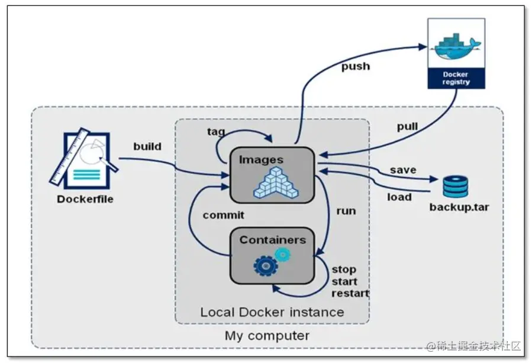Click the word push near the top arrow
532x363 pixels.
click(x=355, y=66)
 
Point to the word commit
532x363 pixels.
click(x=223, y=215)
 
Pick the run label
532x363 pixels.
click(x=346, y=210)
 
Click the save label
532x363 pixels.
click(x=402, y=170)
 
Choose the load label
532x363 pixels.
click(x=399, y=197)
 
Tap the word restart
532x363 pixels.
click(x=350, y=293)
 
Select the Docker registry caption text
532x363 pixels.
click(x=456, y=78)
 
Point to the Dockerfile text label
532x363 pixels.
click(x=85, y=199)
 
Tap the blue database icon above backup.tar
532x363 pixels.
click(x=456, y=185)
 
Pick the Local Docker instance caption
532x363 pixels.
click(x=272, y=312)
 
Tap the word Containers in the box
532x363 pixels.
click(x=272, y=240)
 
